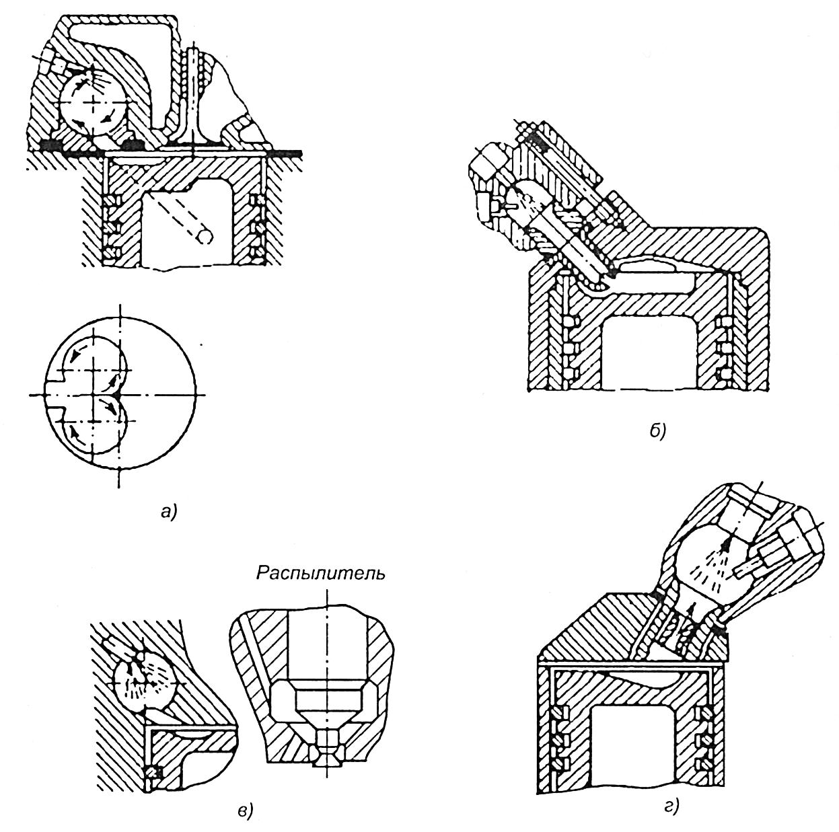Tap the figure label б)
pos(657,430)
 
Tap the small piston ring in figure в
pos(152,771)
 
